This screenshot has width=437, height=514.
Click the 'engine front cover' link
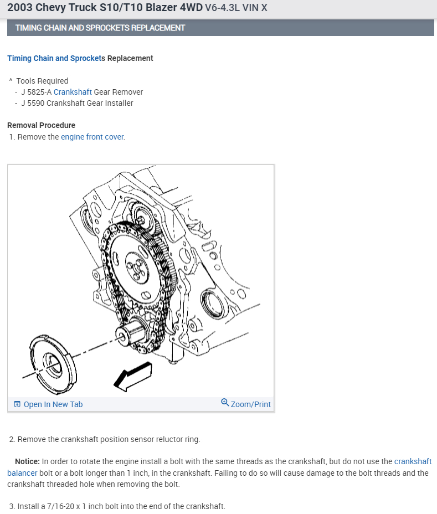(92, 137)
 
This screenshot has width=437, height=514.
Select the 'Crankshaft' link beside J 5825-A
(73, 92)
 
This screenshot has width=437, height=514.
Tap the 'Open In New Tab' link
(53, 404)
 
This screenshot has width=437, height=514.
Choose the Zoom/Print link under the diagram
(250, 404)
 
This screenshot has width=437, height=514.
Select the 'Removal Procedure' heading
(41, 125)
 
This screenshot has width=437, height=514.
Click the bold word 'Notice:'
(27, 461)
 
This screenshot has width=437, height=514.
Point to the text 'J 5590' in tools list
(33, 103)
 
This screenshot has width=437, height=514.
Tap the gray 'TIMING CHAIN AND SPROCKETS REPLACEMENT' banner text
(100, 28)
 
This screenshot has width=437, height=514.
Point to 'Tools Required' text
(42, 81)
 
